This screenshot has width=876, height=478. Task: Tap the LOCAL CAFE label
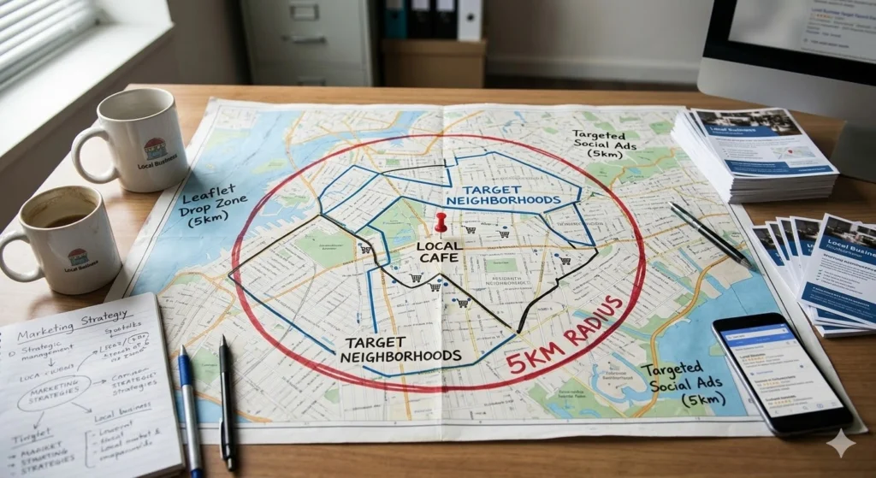click(x=440, y=251)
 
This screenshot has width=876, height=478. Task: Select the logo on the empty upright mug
click(x=155, y=150)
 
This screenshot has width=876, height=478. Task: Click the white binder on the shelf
click(x=469, y=20)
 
